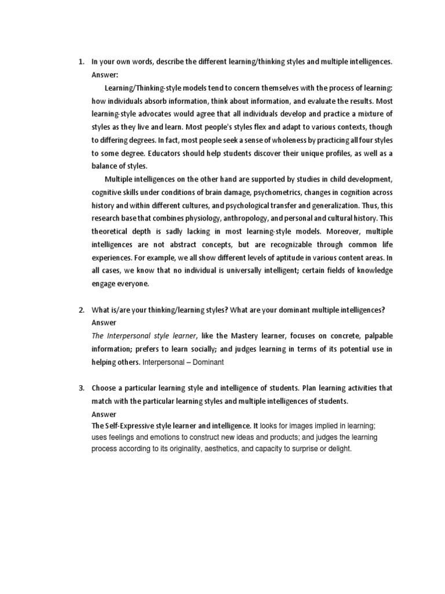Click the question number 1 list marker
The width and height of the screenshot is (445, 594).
point(81,61)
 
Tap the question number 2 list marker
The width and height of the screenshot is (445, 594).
point(81,310)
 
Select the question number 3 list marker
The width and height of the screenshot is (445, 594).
point(81,387)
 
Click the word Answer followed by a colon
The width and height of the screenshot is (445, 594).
point(105,75)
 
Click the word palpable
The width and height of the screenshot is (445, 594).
point(373,336)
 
